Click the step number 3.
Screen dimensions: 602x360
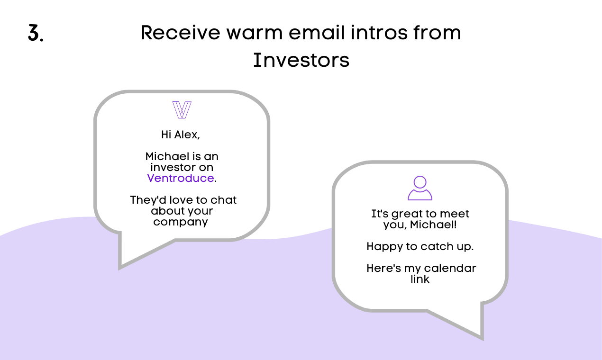[36, 33]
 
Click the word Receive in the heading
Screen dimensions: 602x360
[181, 33]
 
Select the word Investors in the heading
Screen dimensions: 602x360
[301, 60]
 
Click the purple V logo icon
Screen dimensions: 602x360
[182, 110]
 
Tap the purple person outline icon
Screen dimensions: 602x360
[420, 188]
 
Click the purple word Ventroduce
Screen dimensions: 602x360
[181, 178]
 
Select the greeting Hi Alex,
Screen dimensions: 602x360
[181, 135]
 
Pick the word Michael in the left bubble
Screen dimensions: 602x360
[168, 156]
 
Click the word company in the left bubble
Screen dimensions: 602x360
[181, 223]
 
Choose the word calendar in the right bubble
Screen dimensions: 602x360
[450, 268]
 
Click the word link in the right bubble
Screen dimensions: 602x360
[420, 279]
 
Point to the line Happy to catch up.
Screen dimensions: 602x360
[420, 247]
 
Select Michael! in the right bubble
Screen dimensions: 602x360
[434, 225]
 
